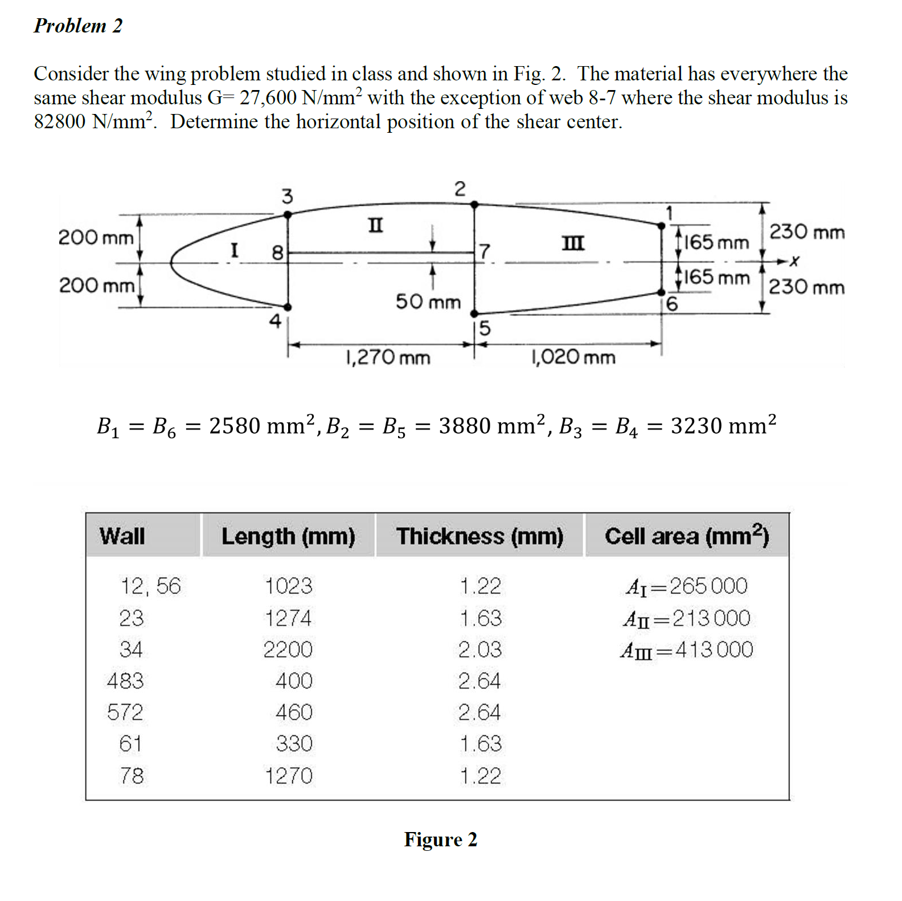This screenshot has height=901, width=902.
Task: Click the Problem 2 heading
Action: tap(78, 26)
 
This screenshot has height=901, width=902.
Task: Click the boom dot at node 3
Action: tap(288, 215)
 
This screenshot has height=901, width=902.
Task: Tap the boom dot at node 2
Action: tap(474, 204)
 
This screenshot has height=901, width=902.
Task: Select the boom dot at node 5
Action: tap(474, 313)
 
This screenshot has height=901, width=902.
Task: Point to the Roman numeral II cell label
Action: tap(375, 225)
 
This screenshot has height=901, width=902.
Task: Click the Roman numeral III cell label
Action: tap(573, 243)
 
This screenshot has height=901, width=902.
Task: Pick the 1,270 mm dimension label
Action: tap(388, 358)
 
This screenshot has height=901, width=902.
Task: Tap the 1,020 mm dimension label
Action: tap(573, 357)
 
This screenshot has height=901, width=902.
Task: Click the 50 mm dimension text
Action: tap(428, 301)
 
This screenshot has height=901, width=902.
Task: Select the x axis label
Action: tap(794, 262)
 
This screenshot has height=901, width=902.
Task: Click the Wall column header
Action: tap(122, 536)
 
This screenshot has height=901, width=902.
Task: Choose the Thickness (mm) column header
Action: tap(479, 536)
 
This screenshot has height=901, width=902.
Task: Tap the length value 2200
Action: tap(288, 650)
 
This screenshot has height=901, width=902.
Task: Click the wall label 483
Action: tap(125, 681)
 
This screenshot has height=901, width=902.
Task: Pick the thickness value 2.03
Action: tap(480, 650)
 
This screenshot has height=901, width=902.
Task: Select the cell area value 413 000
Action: tap(714, 650)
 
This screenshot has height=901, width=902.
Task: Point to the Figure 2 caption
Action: tap(441, 839)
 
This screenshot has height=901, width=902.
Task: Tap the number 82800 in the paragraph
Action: tap(60, 121)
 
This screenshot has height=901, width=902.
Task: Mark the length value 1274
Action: tap(288, 618)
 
